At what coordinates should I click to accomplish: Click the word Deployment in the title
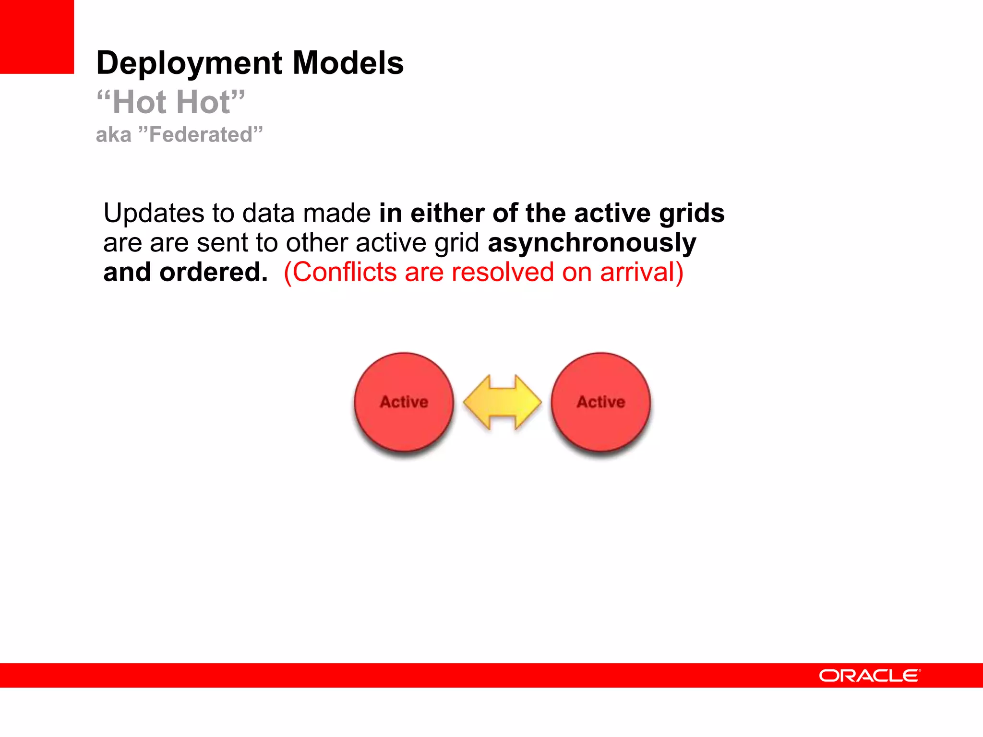click(189, 63)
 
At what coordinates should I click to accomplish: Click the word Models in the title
click(348, 63)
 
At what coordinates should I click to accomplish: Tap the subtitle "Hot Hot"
click(171, 102)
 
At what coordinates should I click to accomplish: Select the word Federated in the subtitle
click(201, 135)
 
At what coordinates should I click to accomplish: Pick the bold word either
click(447, 213)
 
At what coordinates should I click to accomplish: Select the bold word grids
click(692, 214)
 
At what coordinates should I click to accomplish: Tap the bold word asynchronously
click(591, 243)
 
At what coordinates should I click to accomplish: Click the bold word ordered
click(213, 273)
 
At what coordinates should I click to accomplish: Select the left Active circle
click(404, 402)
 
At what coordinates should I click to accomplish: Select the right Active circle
click(600, 402)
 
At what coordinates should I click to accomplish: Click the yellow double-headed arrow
click(502, 402)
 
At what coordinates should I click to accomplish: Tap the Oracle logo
click(869, 676)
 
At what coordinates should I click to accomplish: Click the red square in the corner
click(37, 37)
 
